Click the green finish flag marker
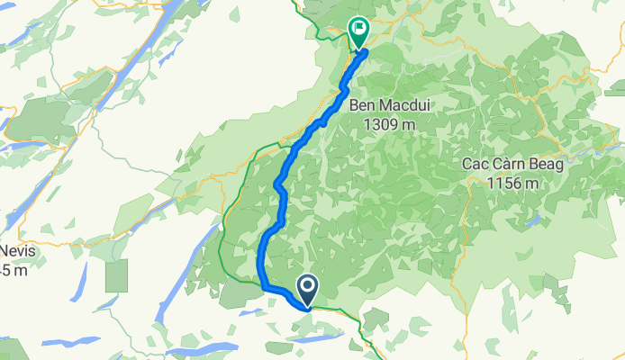point(358,30)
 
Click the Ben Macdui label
point(387,106)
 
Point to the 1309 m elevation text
point(387,124)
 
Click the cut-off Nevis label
point(16,252)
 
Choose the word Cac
point(475,165)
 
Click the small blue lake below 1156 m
point(537,219)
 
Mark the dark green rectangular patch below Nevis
point(116,275)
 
